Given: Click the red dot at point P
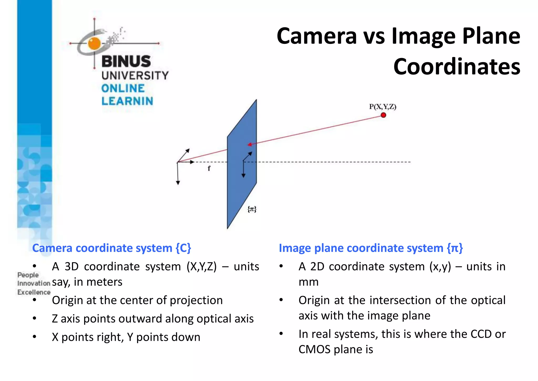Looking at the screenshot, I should coord(383,115).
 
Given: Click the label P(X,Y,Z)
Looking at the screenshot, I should coord(382,107).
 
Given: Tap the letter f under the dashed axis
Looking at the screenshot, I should coord(209,168).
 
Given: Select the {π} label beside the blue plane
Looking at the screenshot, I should coord(252,209).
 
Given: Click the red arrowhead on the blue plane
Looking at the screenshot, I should coord(250,144).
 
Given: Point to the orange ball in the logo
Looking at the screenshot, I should coord(94,43).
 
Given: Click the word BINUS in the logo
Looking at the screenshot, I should coord(126,61).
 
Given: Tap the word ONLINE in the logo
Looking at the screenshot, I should coord(123,88).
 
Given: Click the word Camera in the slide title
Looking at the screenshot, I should coord(317,36).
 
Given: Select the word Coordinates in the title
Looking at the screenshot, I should coord(457,67).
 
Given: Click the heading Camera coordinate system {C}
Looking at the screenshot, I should coord(111,248).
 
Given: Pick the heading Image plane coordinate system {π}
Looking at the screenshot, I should coord(371,248).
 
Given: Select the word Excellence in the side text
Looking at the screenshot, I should coord(34,292).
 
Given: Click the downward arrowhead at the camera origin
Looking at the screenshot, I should coord(178,183).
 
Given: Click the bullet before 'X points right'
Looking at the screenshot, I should coord(34,337).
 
